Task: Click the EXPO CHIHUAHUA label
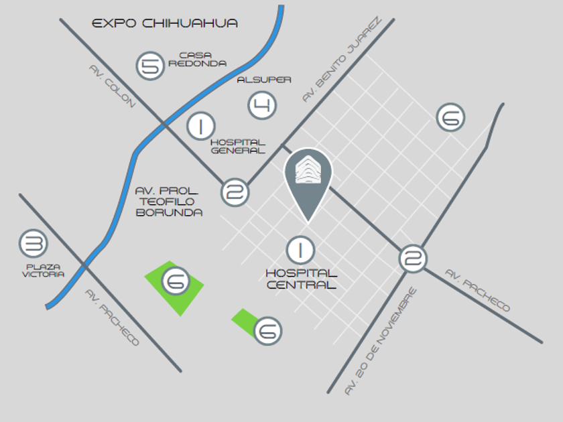(165, 23)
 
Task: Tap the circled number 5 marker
(151, 66)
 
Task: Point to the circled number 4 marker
(262, 104)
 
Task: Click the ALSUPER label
(264, 80)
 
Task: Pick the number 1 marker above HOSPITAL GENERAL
(200, 125)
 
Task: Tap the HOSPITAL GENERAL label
(238, 146)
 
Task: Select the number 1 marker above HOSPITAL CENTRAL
(300, 250)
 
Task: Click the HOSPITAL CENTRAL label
(302, 279)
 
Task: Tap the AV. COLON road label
(112, 86)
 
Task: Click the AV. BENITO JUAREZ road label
(341, 60)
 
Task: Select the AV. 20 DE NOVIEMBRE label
(380, 342)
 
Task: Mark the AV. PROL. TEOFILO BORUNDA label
(168, 201)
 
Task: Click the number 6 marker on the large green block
(175, 282)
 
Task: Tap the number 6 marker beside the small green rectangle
(267, 330)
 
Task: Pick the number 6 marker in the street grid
(450, 117)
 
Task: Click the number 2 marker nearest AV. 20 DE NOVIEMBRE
(413, 258)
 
